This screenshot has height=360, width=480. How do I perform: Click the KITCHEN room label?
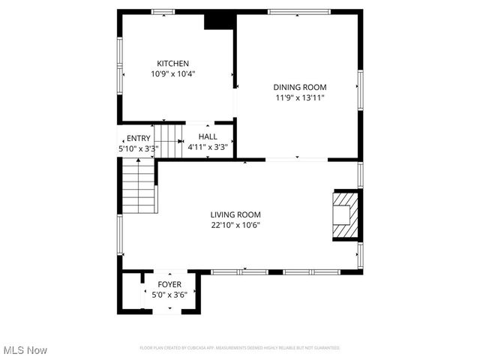point(172,64)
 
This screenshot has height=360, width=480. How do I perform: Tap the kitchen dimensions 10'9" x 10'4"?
point(172,73)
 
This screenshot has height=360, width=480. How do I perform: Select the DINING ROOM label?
point(300,87)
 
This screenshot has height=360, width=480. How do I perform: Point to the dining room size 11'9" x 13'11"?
point(300,97)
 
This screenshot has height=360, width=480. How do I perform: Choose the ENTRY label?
point(138,138)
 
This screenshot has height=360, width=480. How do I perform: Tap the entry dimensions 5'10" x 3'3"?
point(138,148)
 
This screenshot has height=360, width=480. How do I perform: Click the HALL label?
point(208,136)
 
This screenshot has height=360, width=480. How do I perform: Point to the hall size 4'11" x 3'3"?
point(208,147)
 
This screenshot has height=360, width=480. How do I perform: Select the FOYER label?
point(169,285)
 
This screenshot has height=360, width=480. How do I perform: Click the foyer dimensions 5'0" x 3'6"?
point(169,295)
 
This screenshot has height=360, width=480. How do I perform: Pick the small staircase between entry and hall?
point(169,141)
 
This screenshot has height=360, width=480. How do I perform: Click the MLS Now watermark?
point(25,350)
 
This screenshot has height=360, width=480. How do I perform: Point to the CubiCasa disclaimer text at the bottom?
point(240,348)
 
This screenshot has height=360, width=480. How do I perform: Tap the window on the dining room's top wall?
point(298,12)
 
